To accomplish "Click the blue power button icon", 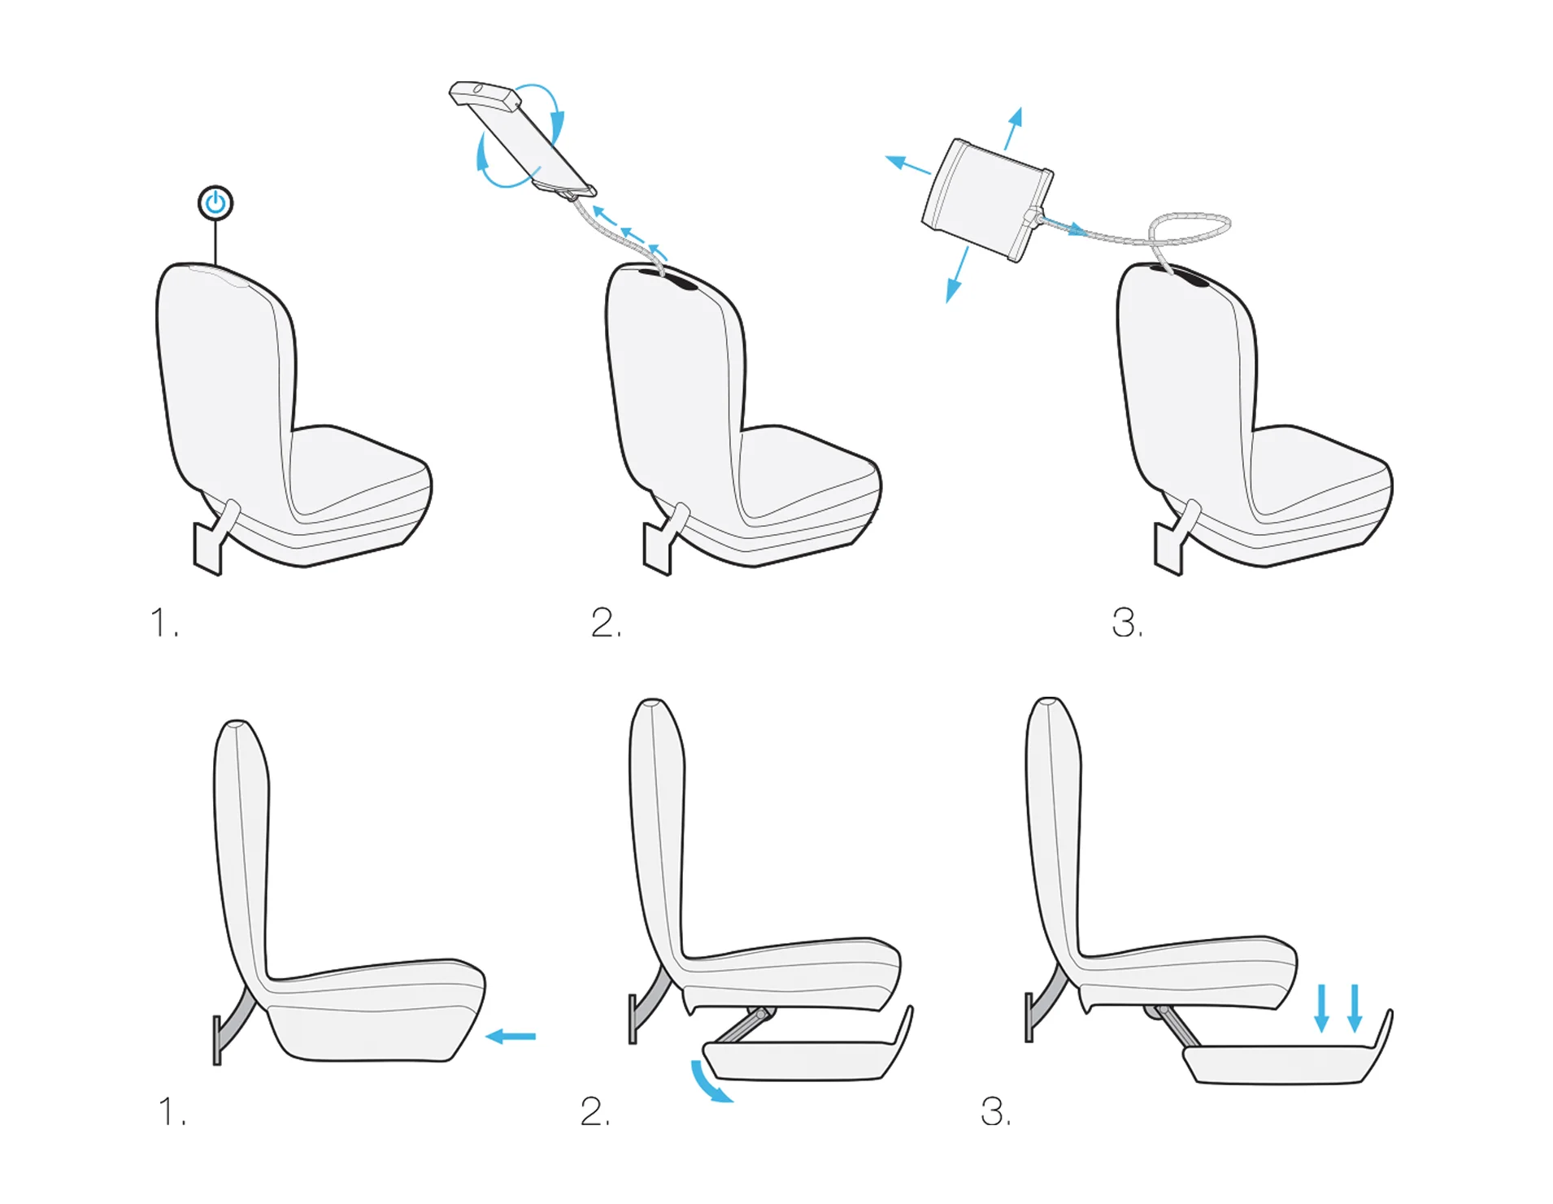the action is point(215,202).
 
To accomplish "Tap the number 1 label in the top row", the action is point(164,623).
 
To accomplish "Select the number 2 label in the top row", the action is point(607,623).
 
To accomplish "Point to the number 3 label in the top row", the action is point(1127,624).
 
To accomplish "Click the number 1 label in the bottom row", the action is point(172,1111).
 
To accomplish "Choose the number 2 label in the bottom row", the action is point(595,1111).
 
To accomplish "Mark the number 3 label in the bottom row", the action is point(996,1111).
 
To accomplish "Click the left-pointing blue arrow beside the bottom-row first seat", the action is point(511,1036).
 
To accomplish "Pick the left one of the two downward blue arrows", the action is point(1322,1008).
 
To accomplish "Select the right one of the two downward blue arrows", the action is point(1355,1008).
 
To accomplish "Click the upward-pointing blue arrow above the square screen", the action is point(1013,128).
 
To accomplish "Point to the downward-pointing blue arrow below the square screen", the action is point(957,275).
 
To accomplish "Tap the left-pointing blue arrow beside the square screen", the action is point(907,164).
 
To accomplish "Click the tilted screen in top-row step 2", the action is point(522,140).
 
